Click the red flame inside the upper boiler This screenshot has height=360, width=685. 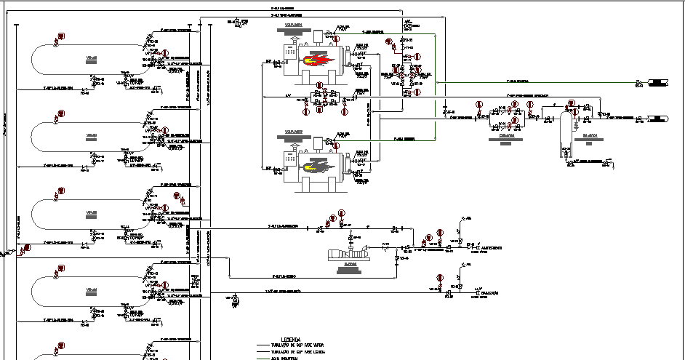point(321,61)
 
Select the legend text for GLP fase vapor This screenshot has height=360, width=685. point(297,345)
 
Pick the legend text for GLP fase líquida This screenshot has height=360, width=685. point(297,352)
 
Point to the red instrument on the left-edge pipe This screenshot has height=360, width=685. point(28,248)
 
